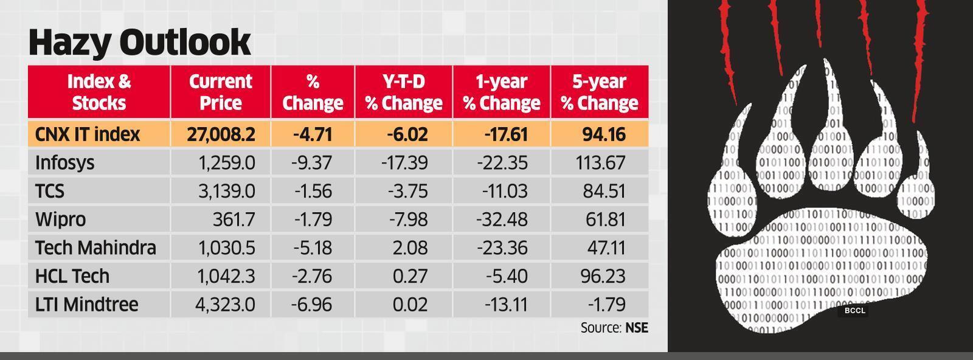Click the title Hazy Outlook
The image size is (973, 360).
139,42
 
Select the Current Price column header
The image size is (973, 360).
220,92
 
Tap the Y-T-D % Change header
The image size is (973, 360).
404,92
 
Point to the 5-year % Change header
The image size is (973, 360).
599,92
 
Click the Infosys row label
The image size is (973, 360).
64,163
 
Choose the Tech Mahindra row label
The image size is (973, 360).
95,248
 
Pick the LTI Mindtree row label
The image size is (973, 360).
86,304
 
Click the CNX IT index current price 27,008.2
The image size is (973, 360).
221,134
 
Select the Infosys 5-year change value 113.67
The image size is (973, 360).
600,163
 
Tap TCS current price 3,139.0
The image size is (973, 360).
226,192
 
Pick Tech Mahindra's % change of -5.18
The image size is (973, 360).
313,248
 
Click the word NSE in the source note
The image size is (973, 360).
636,328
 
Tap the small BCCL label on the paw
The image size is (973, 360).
854,311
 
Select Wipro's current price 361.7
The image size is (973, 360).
234,220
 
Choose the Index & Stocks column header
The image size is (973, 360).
99,92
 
